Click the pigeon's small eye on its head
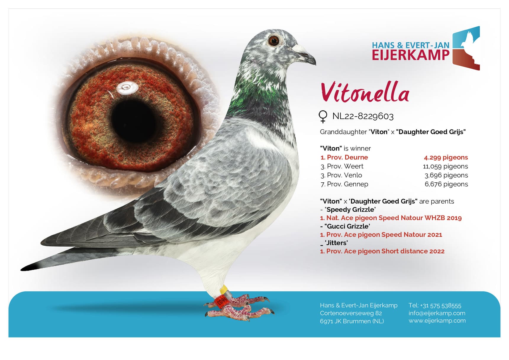[x=274, y=41]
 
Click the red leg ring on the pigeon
[x=222, y=301]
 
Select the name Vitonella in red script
[x=365, y=93]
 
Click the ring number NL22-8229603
[x=363, y=116]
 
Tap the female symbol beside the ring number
[x=323, y=116]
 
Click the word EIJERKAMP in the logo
[x=410, y=55]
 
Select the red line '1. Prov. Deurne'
[x=344, y=157]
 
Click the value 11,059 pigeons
[x=445, y=166]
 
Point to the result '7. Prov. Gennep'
[x=344, y=184]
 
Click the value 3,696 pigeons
[x=446, y=175]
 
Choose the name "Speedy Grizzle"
[x=350, y=210]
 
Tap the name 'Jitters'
[x=336, y=243]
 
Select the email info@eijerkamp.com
[x=437, y=313]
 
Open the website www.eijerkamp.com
[x=437, y=321]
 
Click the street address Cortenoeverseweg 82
[x=351, y=313]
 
